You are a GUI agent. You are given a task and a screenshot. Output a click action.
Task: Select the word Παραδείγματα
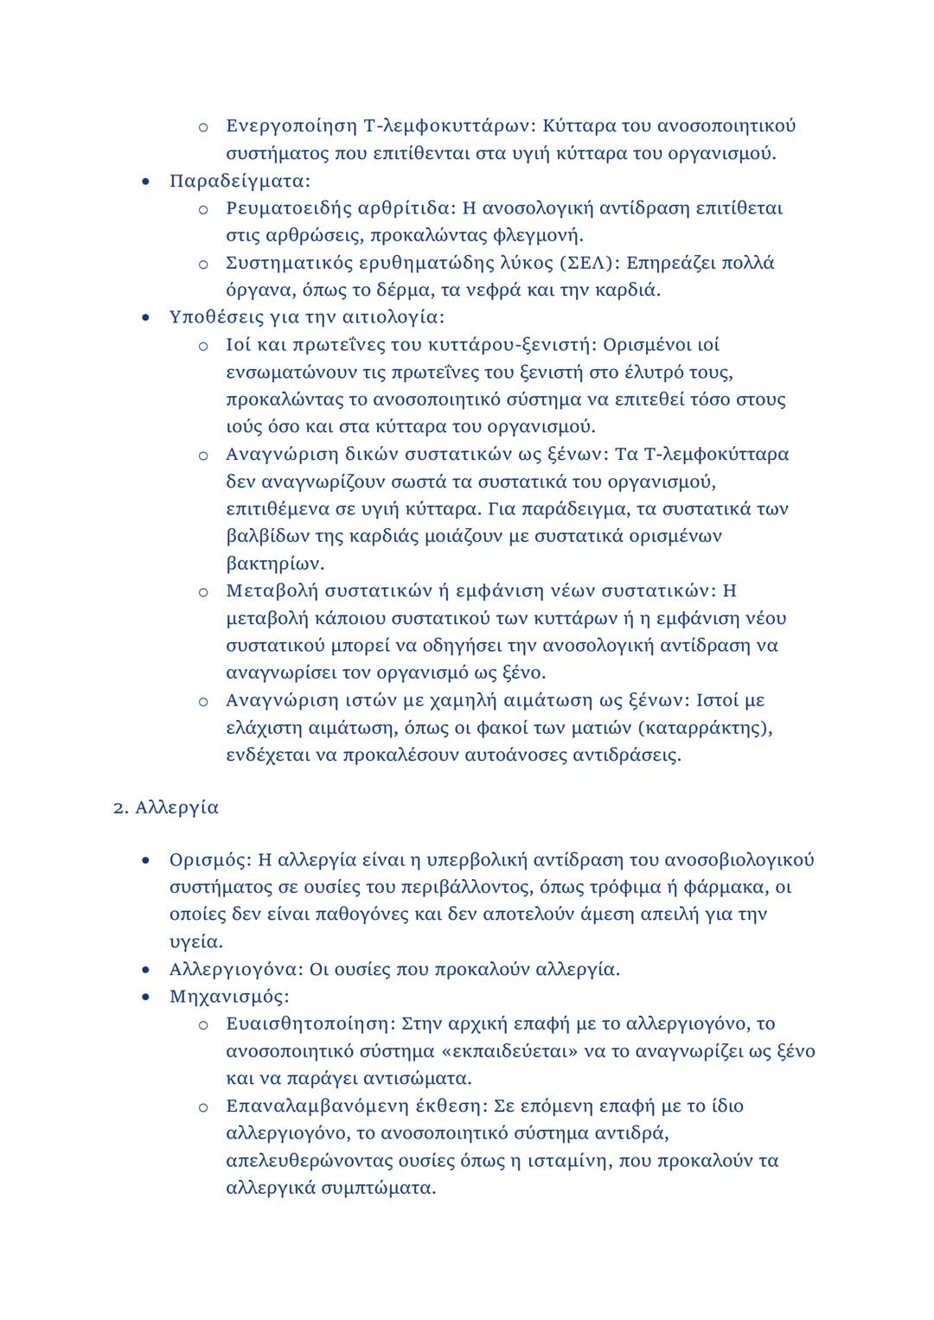[238, 181]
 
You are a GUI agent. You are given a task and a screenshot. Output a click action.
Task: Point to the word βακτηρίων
[273, 564]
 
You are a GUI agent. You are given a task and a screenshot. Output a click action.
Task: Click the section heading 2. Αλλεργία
[166, 807]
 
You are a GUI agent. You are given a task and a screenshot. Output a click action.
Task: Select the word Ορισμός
[208, 860]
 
